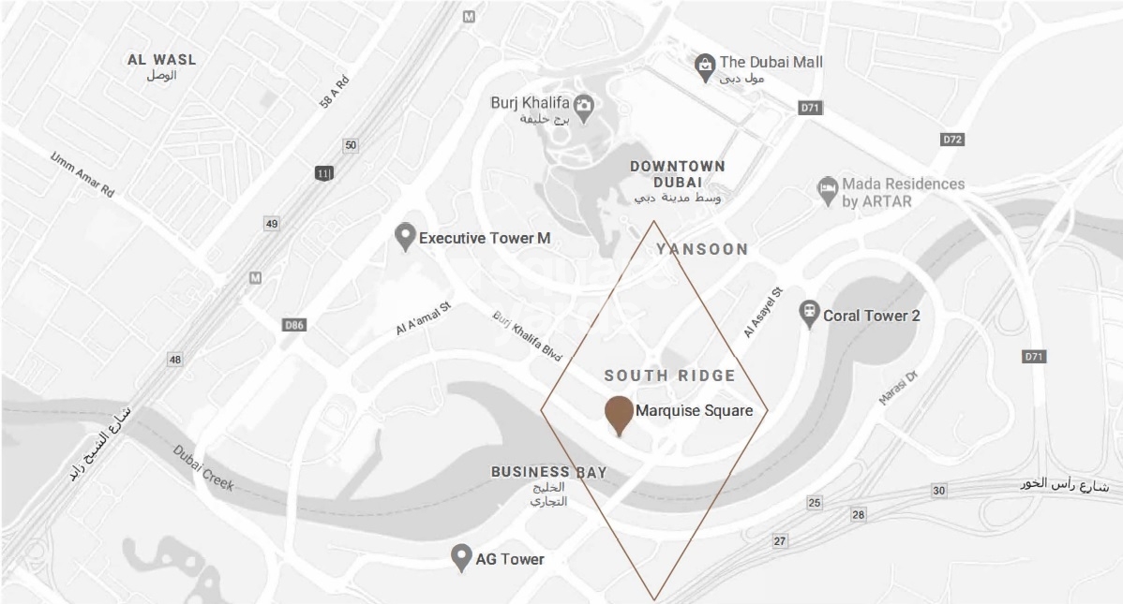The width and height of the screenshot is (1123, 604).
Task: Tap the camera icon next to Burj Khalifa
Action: pos(583,108)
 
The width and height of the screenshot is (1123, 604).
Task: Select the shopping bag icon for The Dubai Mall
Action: pos(705,66)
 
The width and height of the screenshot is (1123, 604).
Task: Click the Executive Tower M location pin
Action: pos(405,237)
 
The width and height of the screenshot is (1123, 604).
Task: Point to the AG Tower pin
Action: pos(460,558)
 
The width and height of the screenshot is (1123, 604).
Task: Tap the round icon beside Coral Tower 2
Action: pos(808,314)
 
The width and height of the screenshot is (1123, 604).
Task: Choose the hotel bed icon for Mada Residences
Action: pos(827,191)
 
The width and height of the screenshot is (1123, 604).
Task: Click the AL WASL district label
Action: pos(162,60)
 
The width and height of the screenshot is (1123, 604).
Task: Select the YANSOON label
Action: pos(702,249)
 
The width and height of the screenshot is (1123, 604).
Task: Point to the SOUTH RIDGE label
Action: pos(669,376)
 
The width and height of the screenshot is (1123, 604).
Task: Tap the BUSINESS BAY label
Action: pos(548,472)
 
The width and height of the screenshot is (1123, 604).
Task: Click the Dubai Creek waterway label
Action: pos(203,465)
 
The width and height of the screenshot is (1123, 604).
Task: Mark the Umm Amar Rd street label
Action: pos(82,174)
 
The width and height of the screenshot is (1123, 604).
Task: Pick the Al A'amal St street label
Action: pos(423,318)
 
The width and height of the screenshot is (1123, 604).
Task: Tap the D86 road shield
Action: pos(293,325)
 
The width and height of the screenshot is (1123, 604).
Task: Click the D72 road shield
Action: pos(952,140)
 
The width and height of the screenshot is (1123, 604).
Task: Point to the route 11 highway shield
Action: pos(324,172)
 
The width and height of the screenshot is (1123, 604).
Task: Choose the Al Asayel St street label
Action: pos(762,312)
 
